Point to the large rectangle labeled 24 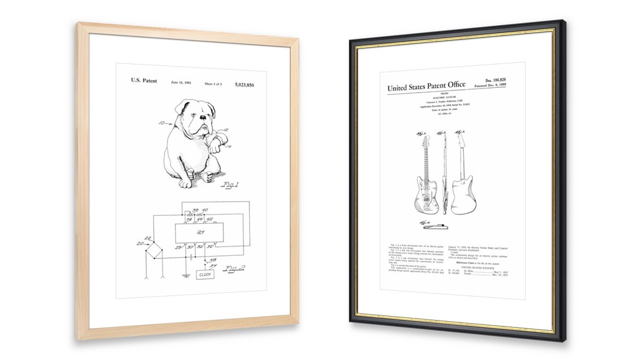(x=200, y=234)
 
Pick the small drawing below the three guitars (x=437, y=226)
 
